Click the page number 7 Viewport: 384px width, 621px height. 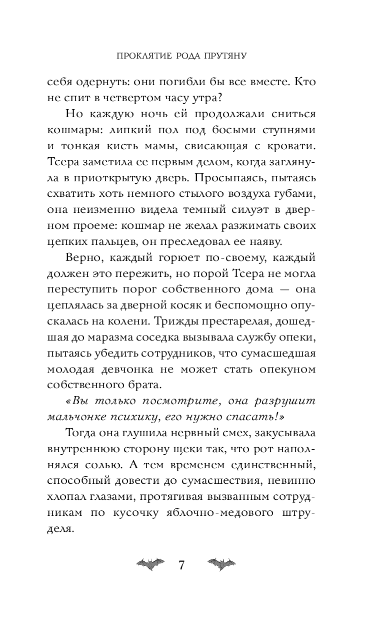pos(181,566)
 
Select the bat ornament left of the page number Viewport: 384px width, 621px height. pos(149,565)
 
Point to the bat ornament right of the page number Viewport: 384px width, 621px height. pos(221,565)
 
